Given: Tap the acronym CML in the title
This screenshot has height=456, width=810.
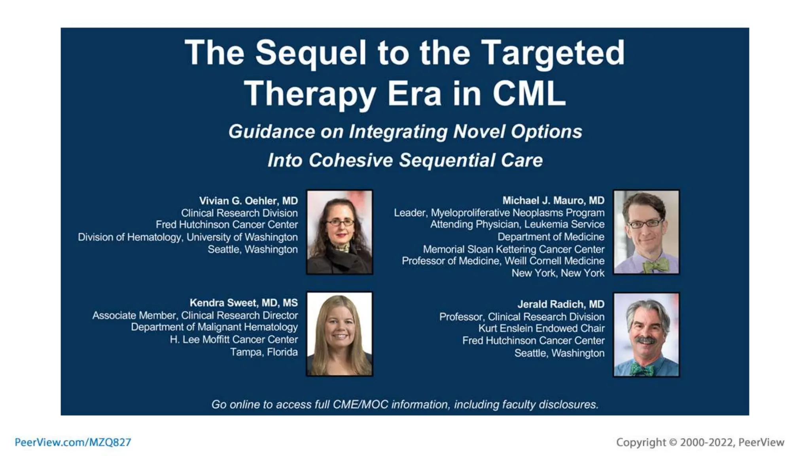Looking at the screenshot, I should (x=529, y=94).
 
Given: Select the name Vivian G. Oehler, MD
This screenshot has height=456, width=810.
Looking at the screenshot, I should (x=248, y=201).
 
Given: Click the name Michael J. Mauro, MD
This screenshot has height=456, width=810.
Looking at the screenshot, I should (x=553, y=201).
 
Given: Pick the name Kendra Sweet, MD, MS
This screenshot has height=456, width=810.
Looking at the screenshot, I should (x=243, y=303).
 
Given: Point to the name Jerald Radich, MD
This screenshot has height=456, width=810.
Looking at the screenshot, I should (x=560, y=304).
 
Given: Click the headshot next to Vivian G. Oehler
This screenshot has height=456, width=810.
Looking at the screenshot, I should (x=339, y=232).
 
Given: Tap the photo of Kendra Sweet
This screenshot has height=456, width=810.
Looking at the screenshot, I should (x=339, y=334).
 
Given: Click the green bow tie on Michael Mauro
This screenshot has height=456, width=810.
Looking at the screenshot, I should (x=655, y=266).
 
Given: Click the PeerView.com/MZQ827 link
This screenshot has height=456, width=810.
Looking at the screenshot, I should (x=73, y=442).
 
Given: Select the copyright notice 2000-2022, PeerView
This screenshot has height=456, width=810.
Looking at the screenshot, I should (x=700, y=442).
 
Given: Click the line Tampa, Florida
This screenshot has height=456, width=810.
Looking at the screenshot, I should (x=264, y=352).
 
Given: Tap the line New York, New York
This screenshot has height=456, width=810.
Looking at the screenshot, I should (x=558, y=273).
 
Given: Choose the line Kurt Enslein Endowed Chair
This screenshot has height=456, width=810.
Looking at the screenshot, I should (x=541, y=328).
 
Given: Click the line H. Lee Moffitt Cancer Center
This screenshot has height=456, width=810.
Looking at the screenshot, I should (x=233, y=340).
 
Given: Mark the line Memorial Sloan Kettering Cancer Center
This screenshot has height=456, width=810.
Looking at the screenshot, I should (x=513, y=249).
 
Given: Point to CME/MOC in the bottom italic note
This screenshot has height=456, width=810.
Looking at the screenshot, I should (x=360, y=405).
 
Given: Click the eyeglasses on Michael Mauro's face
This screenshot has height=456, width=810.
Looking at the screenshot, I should (x=645, y=224).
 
